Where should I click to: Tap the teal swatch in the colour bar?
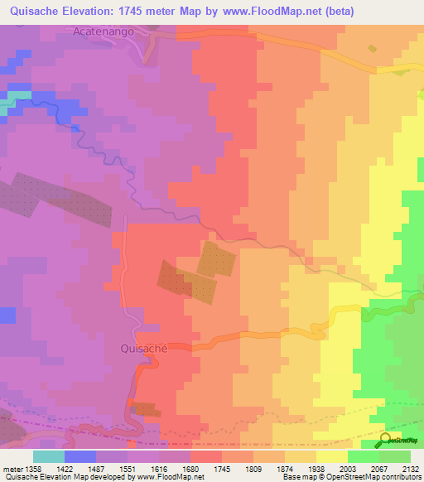48,456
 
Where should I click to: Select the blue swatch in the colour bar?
80,456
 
